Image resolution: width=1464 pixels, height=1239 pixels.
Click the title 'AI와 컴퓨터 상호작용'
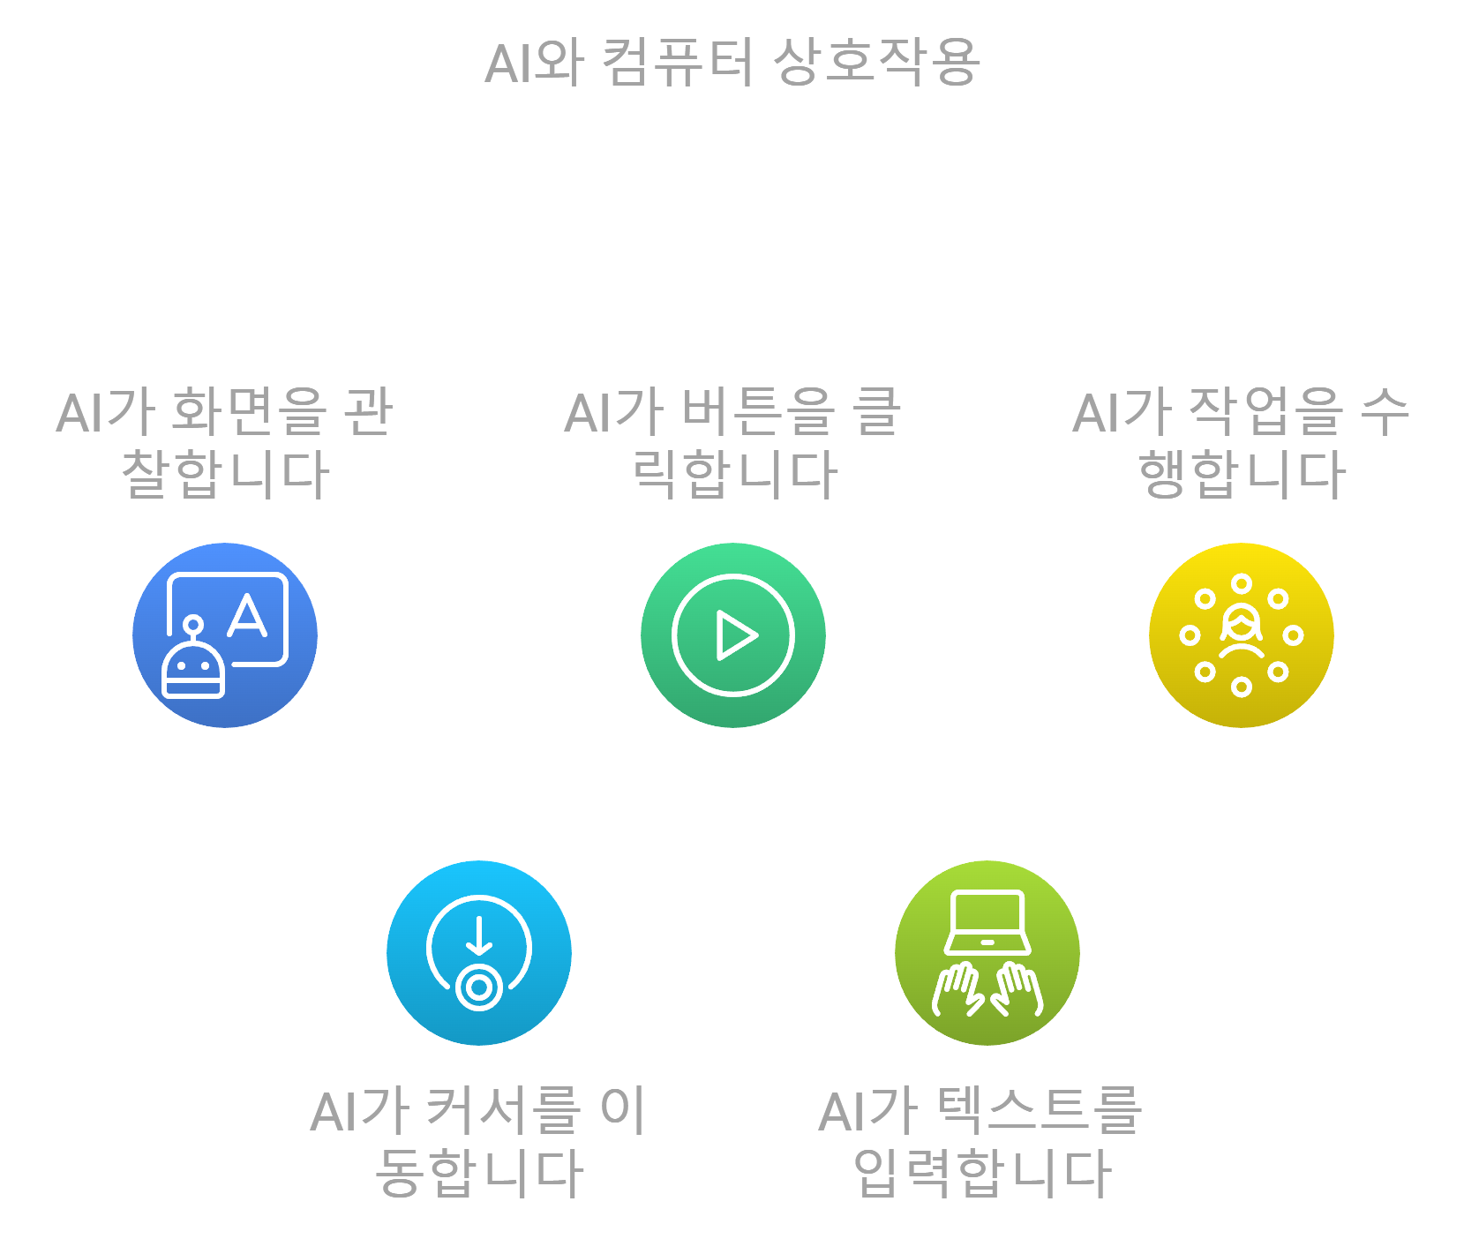coord(732,63)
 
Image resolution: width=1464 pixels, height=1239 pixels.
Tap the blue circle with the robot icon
coord(225,635)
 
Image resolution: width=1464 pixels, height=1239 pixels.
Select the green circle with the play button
coord(733,635)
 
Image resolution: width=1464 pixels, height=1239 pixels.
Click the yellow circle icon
coord(1242,635)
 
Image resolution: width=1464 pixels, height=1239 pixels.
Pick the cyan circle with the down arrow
coord(479,953)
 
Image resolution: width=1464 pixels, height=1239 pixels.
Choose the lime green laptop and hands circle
coord(987,953)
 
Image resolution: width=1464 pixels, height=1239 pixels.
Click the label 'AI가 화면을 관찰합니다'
coord(225,443)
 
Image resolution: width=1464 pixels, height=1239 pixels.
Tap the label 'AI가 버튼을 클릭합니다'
coord(733,443)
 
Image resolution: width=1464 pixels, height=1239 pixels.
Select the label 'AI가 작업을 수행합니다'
coord(1242,443)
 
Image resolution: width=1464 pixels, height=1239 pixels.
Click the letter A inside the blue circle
coord(247,616)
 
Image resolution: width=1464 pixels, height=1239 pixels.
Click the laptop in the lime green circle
coord(987,922)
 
